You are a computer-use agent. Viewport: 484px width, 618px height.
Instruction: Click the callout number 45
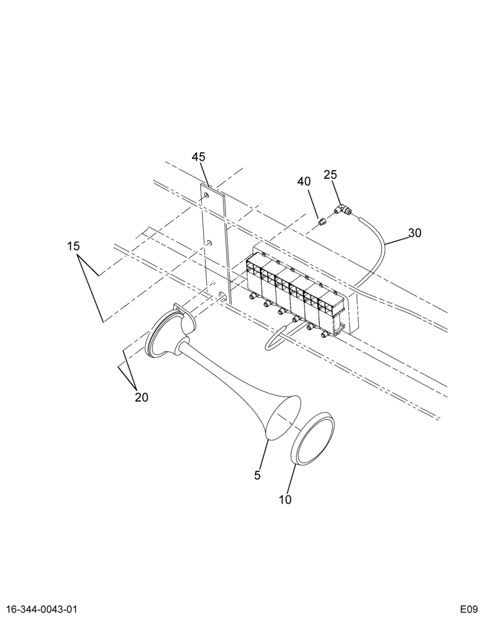click(199, 157)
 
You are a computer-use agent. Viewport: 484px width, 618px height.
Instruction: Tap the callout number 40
click(304, 182)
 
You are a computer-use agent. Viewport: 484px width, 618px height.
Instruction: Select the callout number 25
click(330, 175)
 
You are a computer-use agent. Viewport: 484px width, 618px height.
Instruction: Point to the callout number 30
click(415, 233)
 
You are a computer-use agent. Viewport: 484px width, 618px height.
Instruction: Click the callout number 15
click(73, 247)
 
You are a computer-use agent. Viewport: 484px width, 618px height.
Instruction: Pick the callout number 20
click(141, 397)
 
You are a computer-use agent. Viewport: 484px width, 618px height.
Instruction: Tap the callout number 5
click(257, 475)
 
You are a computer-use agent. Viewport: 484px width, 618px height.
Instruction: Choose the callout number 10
click(285, 500)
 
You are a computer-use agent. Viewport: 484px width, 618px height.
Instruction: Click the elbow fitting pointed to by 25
click(342, 210)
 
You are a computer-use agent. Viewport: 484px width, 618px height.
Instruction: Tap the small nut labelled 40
click(322, 222)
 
